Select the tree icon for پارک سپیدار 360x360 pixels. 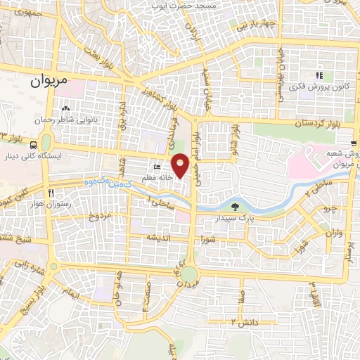click(234, 206)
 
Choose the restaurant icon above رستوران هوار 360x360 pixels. click(51, 193)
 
